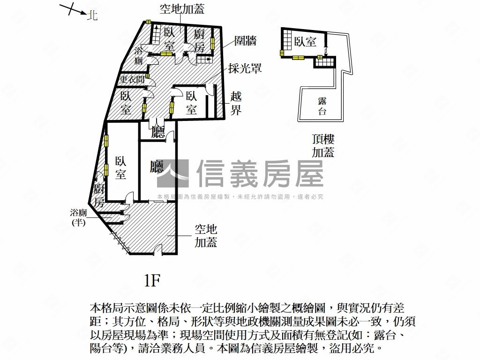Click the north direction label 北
coord(92,15)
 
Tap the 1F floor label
coord(152,281)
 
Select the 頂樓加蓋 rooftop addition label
coord(323,146)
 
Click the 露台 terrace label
coord(322,106)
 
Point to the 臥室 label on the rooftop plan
coord(305,42)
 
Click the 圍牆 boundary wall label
coord(246,41)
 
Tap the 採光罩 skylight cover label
coord(245,68)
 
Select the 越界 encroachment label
coord(236,104)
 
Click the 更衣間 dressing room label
coord(132,80)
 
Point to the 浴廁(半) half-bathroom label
coord(78,218)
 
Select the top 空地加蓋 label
coord(182,9)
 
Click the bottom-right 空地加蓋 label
coord(206,236)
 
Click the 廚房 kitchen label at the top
coord(200,41)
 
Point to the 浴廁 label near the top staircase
coord(139,56)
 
